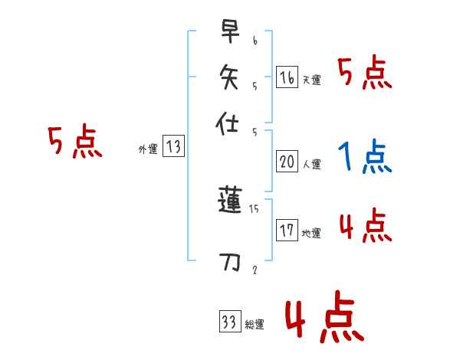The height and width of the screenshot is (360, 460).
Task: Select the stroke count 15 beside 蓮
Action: pos(255,208)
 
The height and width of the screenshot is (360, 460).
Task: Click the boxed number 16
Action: pos(287,77)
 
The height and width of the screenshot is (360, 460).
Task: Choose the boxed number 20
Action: pos(287,162)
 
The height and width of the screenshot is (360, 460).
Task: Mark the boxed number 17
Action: pos(287,231)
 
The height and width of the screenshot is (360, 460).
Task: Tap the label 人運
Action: pos(311,164)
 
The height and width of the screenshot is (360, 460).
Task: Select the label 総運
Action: pos(255,325)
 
